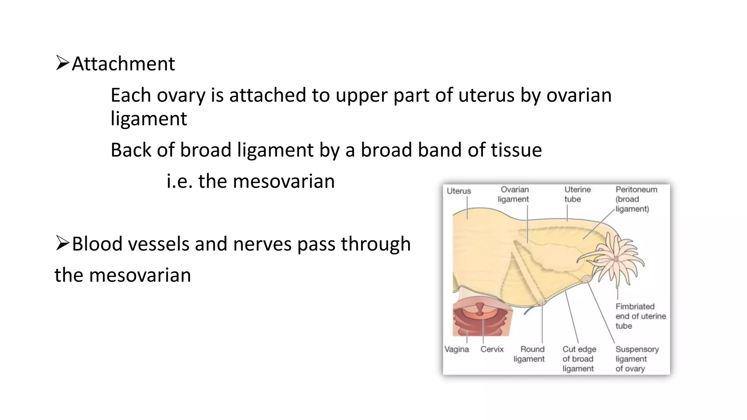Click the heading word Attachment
coord(123,64)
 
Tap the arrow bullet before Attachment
coord(62,63)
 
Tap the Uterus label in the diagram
coord(459,191)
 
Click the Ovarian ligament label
coord(514,194)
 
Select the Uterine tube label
coord(577,194)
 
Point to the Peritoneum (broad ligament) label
coord(636,199)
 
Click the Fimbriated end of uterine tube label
coord(640,316)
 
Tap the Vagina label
coord(457,349)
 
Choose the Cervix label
coord(492,349)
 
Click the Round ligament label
coord(529,354)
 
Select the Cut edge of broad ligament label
coord(579,359)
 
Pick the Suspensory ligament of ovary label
coord(637,359)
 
